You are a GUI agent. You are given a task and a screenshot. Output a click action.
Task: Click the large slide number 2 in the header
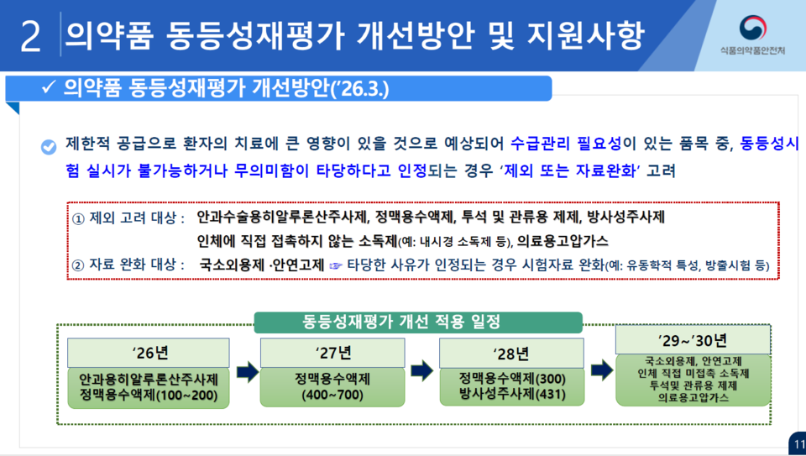(x=30, y=37)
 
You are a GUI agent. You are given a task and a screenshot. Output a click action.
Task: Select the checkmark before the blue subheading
(x=48, y=88)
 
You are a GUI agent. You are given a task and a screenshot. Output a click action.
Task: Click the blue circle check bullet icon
(x=49, y=146)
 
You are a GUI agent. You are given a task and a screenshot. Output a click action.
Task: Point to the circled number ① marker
(x=78, y=218)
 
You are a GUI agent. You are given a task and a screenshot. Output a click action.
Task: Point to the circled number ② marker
(x=78, y=265)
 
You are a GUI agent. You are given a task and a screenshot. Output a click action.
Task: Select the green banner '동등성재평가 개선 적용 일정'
(x=418, y=322)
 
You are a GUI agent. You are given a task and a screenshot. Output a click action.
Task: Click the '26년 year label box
(x=149, y=352)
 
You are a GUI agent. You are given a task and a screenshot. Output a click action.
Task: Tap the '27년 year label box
(x=332, y=352)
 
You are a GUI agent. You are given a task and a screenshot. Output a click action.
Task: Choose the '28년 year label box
(x=511, y=352)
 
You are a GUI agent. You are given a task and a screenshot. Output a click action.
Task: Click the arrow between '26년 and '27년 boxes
(x=246, y=370)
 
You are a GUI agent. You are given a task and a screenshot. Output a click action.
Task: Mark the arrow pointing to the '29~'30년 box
(x=601, y=370)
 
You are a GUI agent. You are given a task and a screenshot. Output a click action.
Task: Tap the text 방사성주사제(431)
(x=511, y=393)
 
